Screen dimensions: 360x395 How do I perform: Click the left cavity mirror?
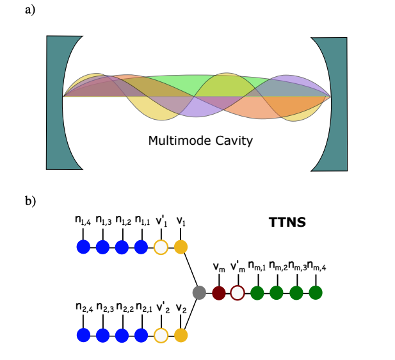54,102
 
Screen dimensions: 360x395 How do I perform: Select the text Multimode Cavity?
200,140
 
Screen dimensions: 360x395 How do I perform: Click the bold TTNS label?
286,223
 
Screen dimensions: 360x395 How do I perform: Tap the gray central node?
199,293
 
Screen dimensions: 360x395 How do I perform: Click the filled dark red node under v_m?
219,293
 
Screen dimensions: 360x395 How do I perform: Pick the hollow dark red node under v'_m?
238,293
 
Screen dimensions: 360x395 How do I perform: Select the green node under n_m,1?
257,293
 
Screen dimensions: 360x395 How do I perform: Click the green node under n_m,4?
315,293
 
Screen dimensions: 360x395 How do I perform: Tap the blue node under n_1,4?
83,247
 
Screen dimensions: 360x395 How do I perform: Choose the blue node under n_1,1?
141,247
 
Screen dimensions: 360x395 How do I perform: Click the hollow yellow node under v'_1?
161,247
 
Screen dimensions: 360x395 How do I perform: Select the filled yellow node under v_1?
181,247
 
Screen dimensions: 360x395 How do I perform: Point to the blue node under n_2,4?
83,334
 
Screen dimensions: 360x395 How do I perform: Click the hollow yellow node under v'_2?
161,334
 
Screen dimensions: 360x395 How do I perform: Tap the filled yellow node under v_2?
181,334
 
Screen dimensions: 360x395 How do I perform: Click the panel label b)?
29,200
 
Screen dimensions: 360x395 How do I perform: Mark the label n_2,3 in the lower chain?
105,309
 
